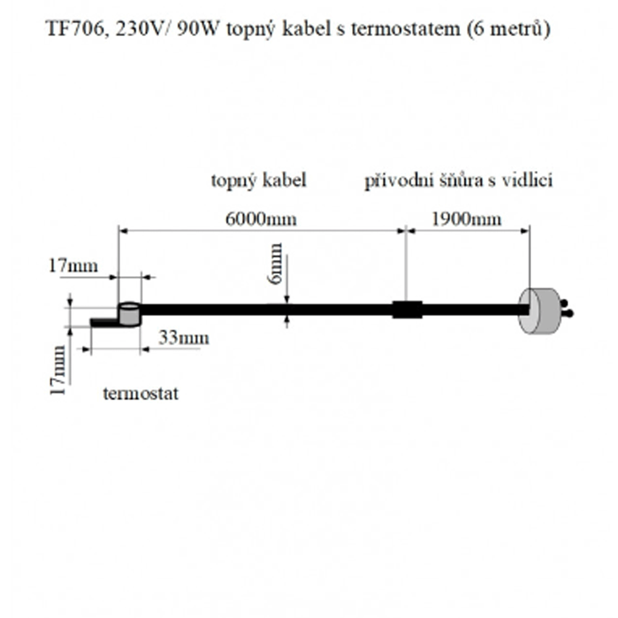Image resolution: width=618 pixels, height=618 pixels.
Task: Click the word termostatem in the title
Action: [405, 29]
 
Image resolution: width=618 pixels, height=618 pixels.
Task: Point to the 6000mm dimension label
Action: [261, 219]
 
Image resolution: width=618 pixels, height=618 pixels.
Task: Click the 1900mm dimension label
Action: [466, 219]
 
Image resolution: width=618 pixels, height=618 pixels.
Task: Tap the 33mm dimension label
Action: [184, 338]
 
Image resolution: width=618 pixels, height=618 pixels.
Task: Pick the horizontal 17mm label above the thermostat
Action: [73, 265]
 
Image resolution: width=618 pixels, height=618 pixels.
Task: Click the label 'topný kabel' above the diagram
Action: [259, 181]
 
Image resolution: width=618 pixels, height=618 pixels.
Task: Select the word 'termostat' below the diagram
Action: [141, 393]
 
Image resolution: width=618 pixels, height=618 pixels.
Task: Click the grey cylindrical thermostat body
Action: [129, 314]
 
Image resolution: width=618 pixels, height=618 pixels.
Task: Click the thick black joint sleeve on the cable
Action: [407, 309]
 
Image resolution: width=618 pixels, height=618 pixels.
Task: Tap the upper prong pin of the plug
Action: [564, 302]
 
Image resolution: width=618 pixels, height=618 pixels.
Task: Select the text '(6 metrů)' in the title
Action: [509, 29]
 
